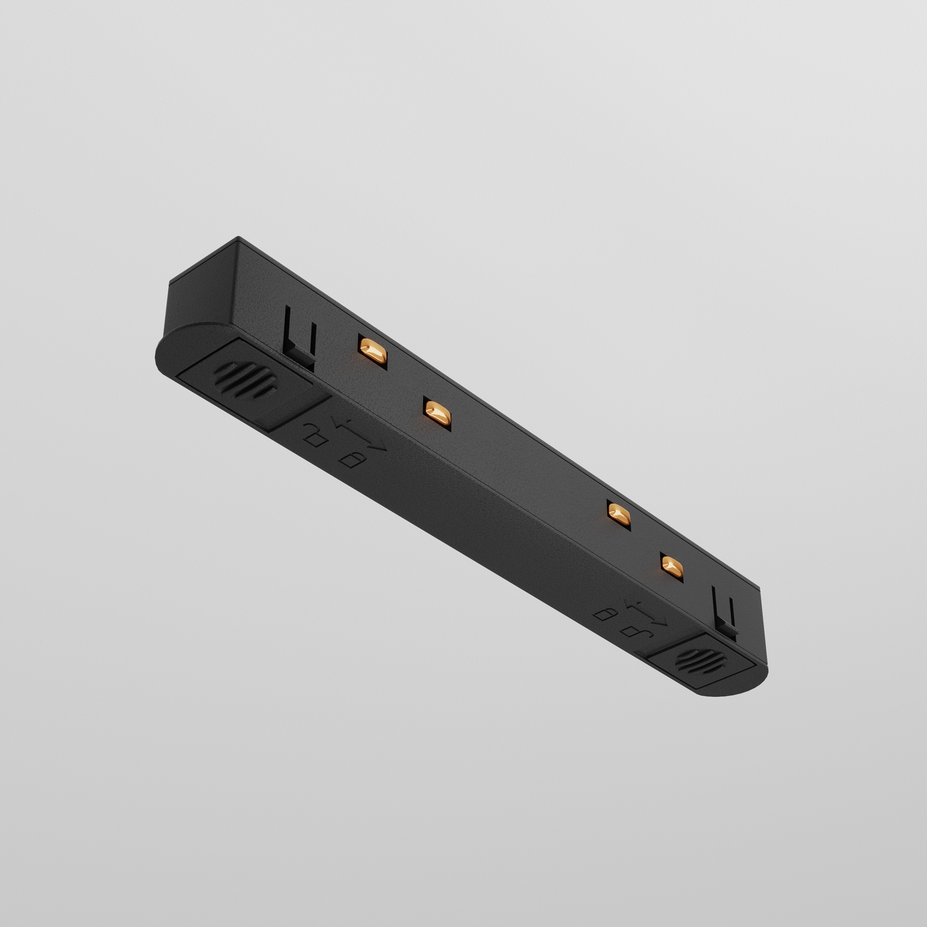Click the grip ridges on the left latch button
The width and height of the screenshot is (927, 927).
[x=245, y=381]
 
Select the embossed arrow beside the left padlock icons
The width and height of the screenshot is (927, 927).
[x=360, y=434]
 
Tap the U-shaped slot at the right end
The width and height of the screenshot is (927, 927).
[x=724, y=612]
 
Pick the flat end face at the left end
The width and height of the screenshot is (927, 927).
[x=202, y=298]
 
